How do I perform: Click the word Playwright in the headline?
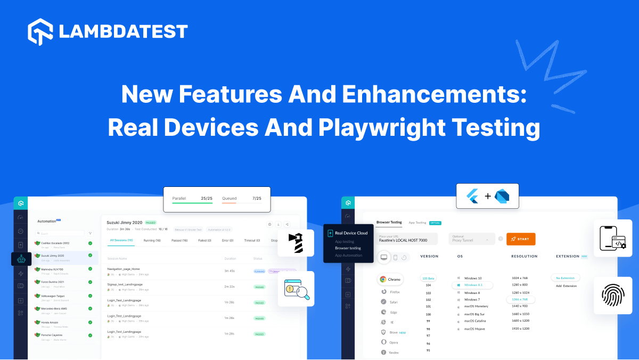[380, 128]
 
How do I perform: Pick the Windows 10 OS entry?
[472, 279]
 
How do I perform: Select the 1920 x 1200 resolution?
[520, 329]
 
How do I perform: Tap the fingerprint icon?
[612, 295]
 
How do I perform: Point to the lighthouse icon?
[296, 243]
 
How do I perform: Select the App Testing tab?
[417, 223]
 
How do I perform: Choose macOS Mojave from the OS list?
[474, 329]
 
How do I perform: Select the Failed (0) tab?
[205, 241]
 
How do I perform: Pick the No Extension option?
[565, 278]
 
